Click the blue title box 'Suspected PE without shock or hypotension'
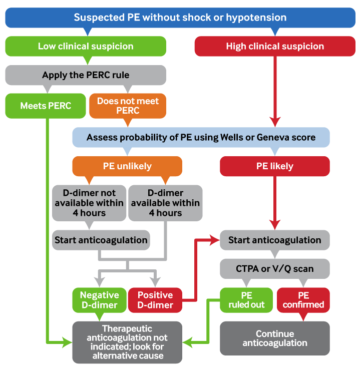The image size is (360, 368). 180,18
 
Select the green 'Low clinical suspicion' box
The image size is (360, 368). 86,47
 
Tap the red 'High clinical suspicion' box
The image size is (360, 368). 274,47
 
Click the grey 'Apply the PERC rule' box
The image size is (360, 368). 86,75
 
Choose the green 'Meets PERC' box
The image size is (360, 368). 46,106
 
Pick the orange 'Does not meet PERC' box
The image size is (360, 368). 127,106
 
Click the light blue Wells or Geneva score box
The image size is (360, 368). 201,137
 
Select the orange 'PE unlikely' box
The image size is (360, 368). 127,166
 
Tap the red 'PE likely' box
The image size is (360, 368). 274,166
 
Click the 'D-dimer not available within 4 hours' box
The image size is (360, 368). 88,203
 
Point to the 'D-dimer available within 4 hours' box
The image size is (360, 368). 165,203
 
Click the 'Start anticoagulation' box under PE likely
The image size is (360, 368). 274,240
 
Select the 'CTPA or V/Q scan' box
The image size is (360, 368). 274,269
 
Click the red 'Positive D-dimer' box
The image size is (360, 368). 155,300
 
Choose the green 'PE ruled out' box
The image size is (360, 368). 246,300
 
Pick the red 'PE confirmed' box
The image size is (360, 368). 303,300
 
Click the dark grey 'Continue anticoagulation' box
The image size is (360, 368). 274,338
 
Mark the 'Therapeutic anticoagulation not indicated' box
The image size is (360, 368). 127,342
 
